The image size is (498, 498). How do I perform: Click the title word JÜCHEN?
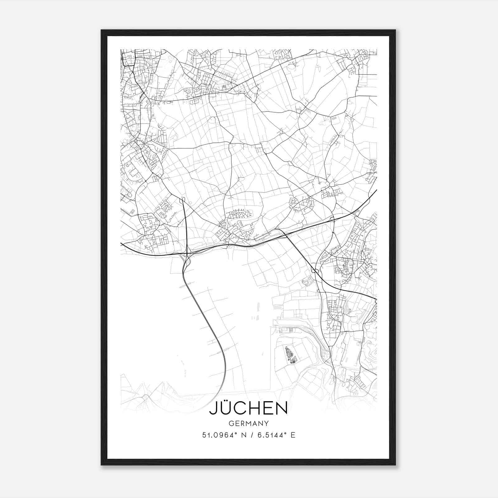248,408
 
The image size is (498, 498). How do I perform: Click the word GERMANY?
248,423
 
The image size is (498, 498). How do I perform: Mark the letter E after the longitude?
293,435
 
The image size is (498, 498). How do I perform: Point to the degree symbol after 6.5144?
285,433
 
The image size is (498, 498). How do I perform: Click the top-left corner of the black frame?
102,31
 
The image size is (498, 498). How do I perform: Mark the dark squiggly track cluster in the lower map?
291,355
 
